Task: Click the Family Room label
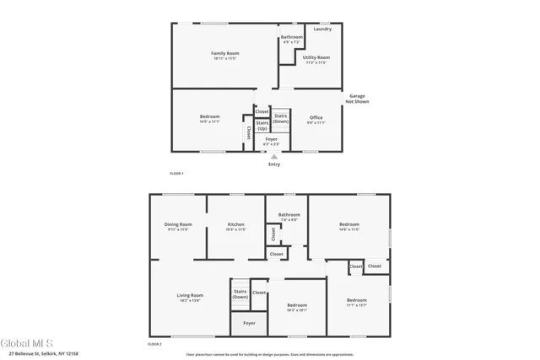click(x=224, y=54)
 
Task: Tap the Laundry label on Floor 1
click(x=322, y=30)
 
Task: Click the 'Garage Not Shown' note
click(x=356, y=99)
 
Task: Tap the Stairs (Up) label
click(x=262, y=126)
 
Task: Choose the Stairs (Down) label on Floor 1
click(x=281, y=119)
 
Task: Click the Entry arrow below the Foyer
click(x=273, y=157)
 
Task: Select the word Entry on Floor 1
click(x=273, y=164)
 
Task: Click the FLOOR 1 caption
click(x=176, y=173)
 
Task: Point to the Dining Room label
click(x=178, y=224)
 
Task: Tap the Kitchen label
click(x=235, y=224)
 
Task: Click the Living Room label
click(x=189, y=295)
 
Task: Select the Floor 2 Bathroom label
click(x=289, y=215)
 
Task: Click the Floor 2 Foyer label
click(x=249, y=323)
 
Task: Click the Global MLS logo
click(x=26, y=344)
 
